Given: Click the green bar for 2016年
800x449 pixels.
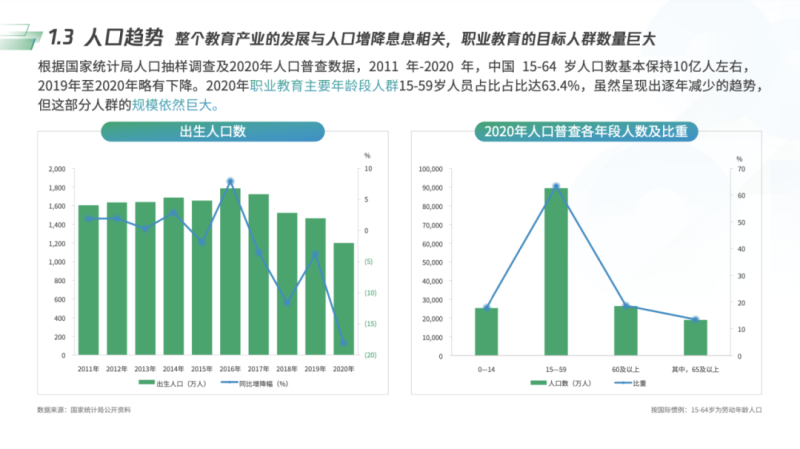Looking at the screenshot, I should coord(230,271).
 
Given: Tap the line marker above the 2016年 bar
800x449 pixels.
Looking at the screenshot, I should coord(230,182).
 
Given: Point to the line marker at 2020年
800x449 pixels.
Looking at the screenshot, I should coord(343,343).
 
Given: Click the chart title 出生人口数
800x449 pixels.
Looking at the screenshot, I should coord(213,132).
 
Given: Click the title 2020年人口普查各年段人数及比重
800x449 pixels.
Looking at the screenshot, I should coord(590,132).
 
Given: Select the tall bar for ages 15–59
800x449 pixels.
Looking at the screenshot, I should coord(556,271).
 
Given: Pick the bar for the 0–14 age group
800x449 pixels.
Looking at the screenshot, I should coord(486,331).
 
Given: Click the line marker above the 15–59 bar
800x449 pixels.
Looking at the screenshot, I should coord(556,187).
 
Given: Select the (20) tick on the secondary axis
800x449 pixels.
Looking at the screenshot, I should coord(369,355).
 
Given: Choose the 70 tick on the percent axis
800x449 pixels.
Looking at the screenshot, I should coord(740,169).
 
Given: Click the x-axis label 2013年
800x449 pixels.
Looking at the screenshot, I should coord(145,367).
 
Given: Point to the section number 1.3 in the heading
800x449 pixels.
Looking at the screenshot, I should coord(62,38).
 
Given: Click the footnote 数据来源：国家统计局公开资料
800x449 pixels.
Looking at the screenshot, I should coord(84,410).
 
